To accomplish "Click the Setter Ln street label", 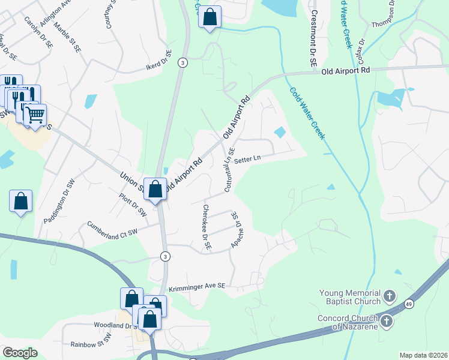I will [247, 160].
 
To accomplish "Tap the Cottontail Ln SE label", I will [229, 170].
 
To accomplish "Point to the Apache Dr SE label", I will [237, 231].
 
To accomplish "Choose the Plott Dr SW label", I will [133, 204].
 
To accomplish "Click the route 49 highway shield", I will [408, 305].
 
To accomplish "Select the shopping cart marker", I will [35, 113].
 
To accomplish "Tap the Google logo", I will [20, 352].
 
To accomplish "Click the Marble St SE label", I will [66, 38].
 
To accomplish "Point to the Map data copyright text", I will [423, 355].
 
